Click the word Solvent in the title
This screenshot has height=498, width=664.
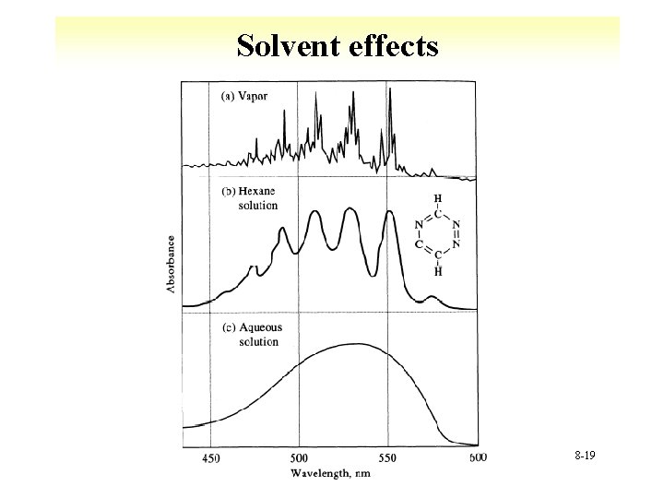click(x=287, y=45)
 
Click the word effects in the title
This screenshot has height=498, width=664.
click(x=389, y=45)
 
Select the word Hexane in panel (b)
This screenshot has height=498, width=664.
click(x=260, y=192)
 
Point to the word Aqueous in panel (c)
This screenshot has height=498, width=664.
click(x=261, y=327)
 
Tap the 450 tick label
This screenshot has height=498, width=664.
click(x=211, y=458)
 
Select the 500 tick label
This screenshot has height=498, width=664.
click(x=300, y=458)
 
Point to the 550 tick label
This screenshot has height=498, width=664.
click(x=388, y=458)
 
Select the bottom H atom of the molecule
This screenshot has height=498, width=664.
click(x=438, y=271)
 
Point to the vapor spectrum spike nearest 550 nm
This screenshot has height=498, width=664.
click(x=390, y=89)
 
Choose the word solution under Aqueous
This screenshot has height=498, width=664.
click(x=258, y=342)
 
